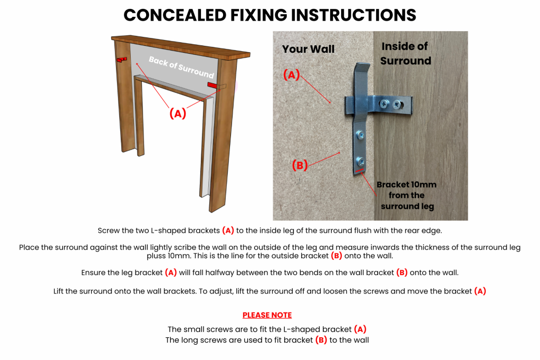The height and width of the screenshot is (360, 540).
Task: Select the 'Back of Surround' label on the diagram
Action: point(181,67)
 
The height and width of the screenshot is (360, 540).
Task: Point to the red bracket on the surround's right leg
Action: point(212,85)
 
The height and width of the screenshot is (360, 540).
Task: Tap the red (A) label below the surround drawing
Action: point(177,113)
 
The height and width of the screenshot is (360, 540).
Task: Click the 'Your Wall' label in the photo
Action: point(308,49)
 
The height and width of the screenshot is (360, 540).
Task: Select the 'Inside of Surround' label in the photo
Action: point(406,53)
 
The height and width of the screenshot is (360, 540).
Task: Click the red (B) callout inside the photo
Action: point(300,165)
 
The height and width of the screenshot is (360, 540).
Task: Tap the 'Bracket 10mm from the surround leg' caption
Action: point(406,195)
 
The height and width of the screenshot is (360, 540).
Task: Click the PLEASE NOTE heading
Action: point(267,315)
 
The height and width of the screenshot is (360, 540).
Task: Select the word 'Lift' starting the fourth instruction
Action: point(61,291)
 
